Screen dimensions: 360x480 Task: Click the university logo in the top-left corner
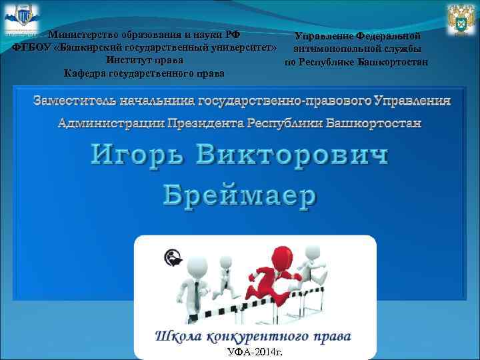tap(21, 19)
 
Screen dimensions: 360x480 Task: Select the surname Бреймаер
tap(240, 195)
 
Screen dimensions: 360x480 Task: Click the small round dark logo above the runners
tap(172, 257)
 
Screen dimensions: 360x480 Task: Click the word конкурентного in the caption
tap(253, 335)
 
